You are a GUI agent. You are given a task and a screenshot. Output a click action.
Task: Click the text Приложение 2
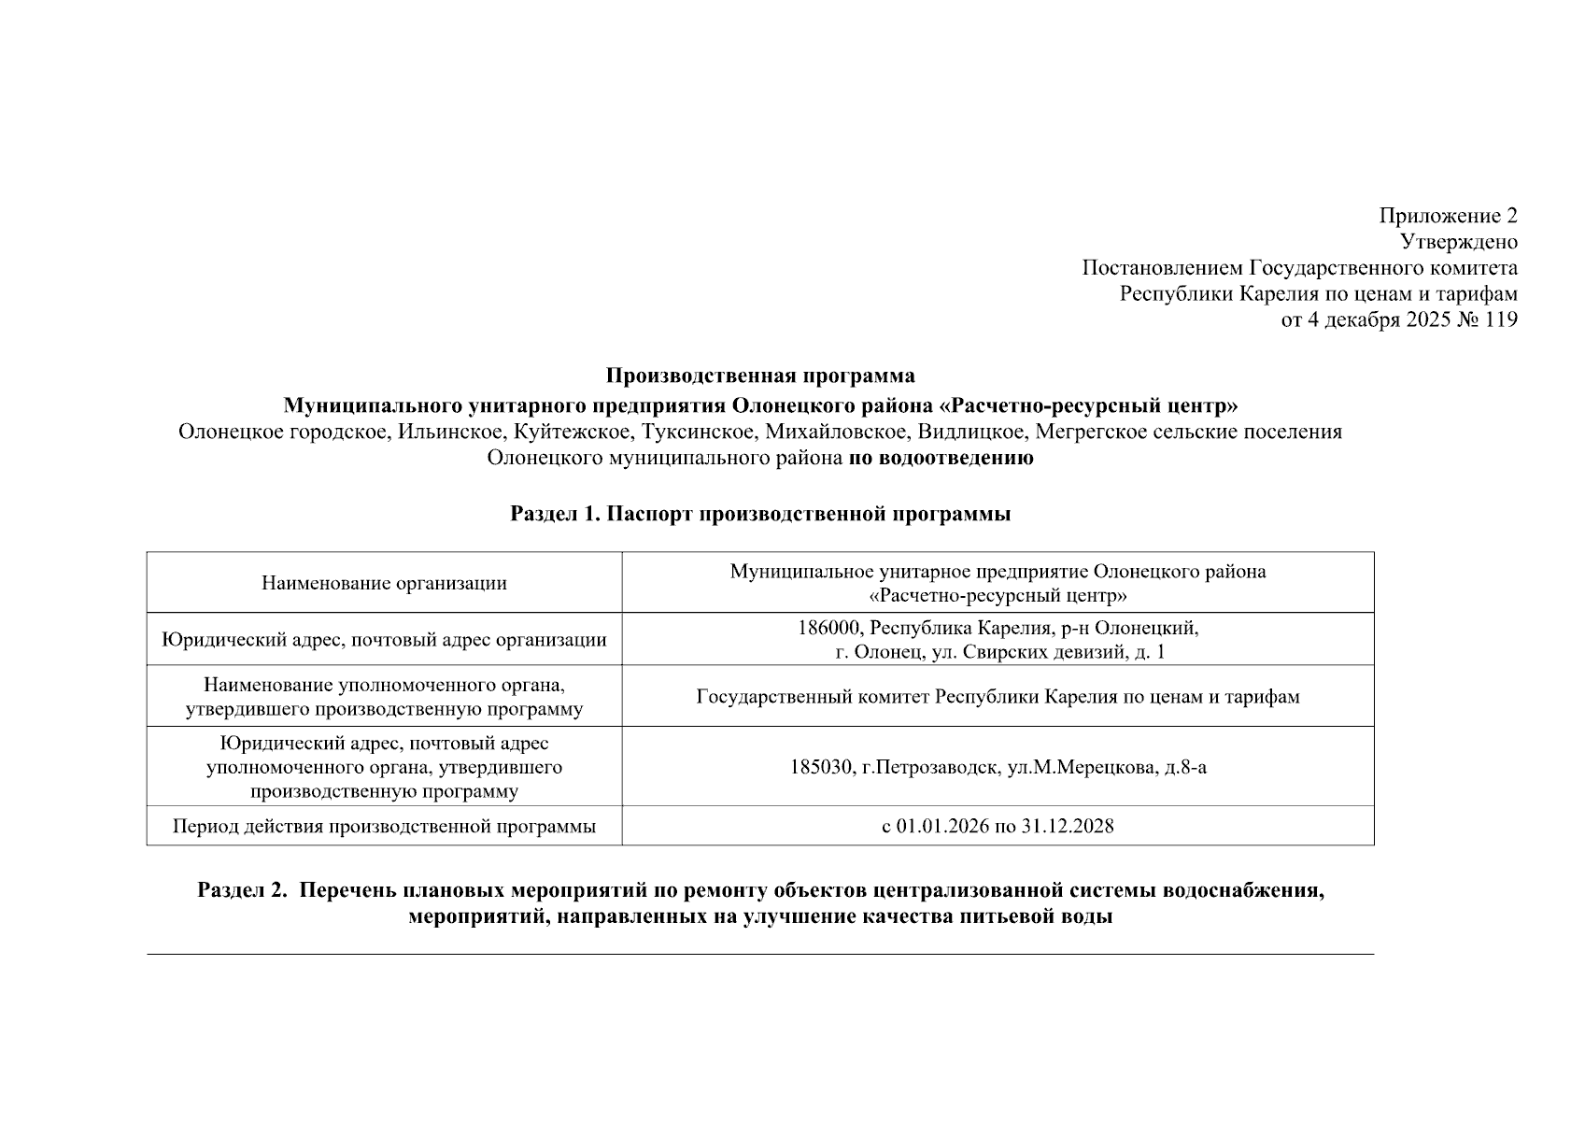pos(1448,216)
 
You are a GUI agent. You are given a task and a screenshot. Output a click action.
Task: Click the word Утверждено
pos(1459,242)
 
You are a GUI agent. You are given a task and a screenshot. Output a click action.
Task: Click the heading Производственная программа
pos(760,376)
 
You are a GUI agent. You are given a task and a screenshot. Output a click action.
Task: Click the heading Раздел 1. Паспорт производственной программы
pos(760,514)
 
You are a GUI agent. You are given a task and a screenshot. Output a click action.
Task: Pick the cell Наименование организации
pos(384,583)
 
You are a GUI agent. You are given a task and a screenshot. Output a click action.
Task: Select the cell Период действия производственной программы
pos(384,827)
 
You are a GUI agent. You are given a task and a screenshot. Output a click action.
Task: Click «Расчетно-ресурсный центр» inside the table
pos(998,595)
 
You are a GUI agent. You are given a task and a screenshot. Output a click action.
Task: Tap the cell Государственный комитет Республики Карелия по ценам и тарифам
pos(998,697)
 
